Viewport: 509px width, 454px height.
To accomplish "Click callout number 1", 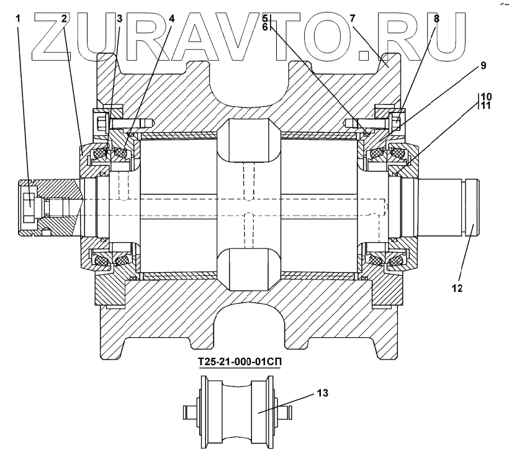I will (19, 19).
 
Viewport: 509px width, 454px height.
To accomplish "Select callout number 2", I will (64, 19).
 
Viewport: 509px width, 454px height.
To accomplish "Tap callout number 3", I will (119, 19).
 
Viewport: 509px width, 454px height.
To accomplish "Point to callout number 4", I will (172, 19).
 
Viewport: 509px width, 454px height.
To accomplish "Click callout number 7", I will (352, 19).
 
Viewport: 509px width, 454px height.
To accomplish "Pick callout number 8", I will (436, 19).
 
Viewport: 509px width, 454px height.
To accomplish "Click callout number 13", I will (322, 393).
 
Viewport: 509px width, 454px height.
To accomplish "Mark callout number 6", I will (265, 27).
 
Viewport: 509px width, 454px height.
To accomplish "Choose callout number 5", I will (265, 18).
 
